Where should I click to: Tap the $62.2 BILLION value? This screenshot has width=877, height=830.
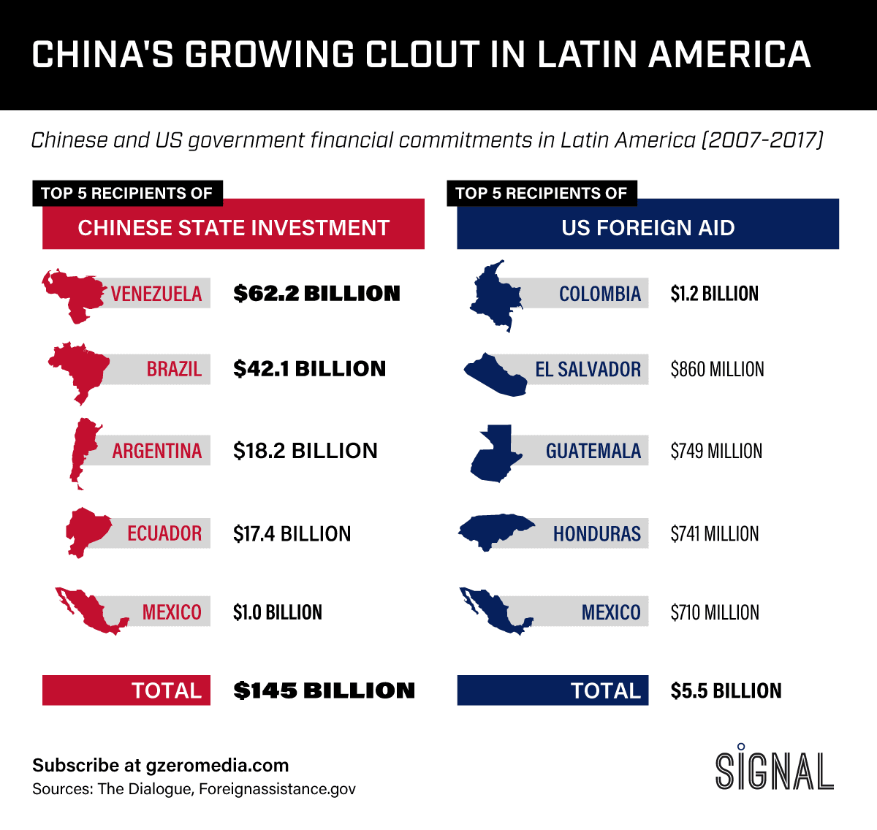[316, 294]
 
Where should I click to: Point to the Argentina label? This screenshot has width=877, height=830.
[156, 451]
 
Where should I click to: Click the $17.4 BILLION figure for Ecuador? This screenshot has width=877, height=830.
[292, 534]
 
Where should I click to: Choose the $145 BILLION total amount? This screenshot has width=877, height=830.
[324, 690]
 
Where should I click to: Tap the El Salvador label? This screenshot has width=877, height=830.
[588, 370]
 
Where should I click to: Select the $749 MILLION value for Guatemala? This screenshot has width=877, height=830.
[716, 452]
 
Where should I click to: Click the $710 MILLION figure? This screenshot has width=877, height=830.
[715, 612]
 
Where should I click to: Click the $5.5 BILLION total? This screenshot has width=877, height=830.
[726, 690]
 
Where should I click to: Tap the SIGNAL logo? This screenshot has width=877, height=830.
[774, 769]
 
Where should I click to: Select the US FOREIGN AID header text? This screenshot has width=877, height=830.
[648, 228]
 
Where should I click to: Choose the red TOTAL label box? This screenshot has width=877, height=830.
[126, 690]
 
